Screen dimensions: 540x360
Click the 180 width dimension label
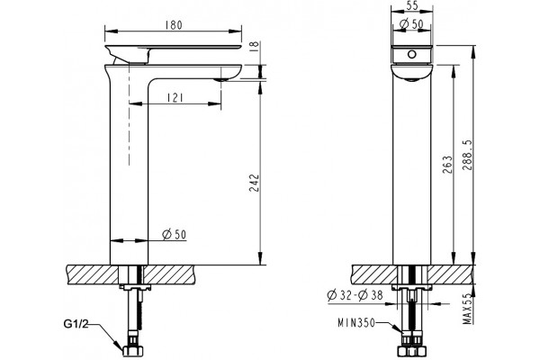pos(174,25)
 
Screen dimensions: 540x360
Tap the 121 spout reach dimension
pos(175,98)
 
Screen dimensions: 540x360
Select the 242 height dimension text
pos(254,184)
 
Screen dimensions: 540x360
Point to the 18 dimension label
pos(254,45)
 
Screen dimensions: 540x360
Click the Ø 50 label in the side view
pos(175,235)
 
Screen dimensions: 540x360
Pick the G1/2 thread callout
pos(76,323)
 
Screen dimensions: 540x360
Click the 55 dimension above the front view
pos(411,6)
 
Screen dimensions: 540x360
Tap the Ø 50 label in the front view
pos(411,24)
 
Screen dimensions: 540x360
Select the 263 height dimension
pos(446,164)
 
